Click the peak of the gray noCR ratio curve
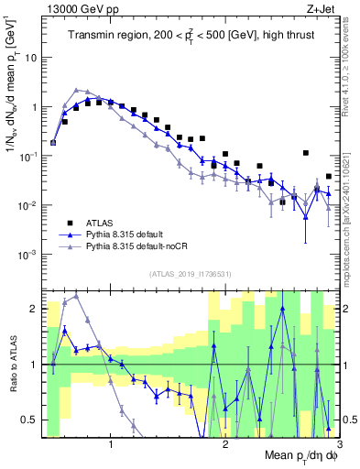76,297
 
